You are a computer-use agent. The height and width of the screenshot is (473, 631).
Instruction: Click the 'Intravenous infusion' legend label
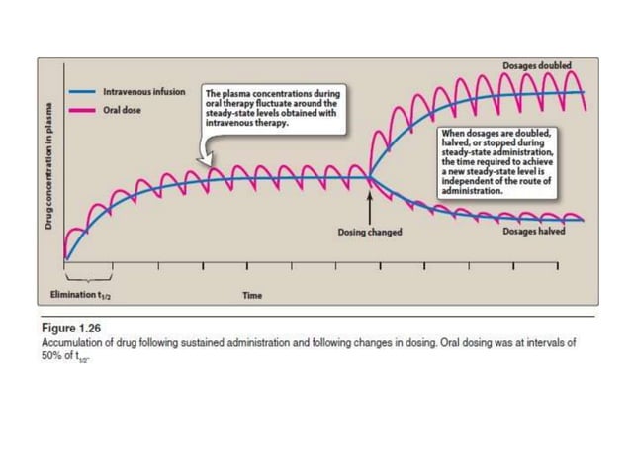click(144, 92)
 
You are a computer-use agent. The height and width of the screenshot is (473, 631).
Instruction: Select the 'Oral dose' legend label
click(124, 109)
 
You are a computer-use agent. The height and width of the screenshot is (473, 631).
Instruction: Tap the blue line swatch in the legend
click(82, 92)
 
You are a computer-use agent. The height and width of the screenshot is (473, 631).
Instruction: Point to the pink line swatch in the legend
click(82, 109)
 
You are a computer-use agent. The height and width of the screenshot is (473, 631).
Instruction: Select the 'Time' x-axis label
click(252, 295)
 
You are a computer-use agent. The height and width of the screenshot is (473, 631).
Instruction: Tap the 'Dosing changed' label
click(370, 233)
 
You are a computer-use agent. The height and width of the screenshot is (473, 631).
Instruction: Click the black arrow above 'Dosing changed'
click(370, 208)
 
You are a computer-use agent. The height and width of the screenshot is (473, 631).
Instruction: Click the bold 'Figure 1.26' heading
click(70, 323)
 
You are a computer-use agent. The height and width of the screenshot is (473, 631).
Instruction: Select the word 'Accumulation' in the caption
click(75, 339)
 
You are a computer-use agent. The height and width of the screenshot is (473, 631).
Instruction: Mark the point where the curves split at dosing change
click(370, 177)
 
